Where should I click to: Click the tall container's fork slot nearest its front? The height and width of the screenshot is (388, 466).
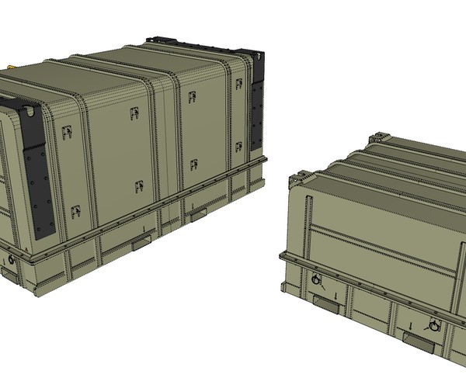[x=143, y=244]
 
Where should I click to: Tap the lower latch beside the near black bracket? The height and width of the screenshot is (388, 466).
[x=76, y=210]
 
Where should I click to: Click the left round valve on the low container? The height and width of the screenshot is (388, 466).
[x=316, y=279]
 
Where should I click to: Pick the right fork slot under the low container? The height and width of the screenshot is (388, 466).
[x=416, y=337]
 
